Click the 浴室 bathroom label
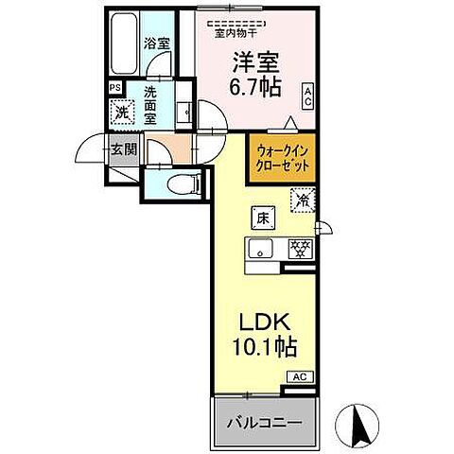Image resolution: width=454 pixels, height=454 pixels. (x=156, y=44)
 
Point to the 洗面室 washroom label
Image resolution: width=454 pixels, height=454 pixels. (x=156, y=98)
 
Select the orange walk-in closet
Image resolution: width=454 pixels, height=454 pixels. (x=281, y=156)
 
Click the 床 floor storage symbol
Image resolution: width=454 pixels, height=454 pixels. (x=260, y=218)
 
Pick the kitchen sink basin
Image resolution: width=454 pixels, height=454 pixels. (x=260, y=250)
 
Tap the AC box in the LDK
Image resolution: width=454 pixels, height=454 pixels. (x=299, y=376)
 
